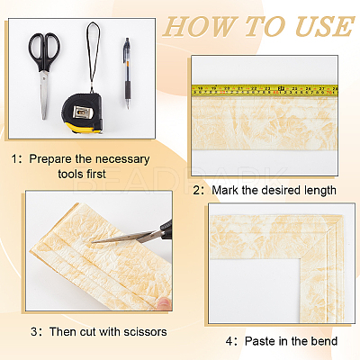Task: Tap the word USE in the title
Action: coord(325,26)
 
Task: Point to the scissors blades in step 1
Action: coord(44,94)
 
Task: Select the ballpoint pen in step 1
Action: coord(128,73)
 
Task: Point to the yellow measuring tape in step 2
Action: coord(265,90)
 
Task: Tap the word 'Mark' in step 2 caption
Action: coord(225,190)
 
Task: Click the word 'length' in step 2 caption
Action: coord(319,191)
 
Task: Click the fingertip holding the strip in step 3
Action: coord(165,303)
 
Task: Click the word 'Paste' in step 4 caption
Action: coord(260,341)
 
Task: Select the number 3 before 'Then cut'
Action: coord(34,332)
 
